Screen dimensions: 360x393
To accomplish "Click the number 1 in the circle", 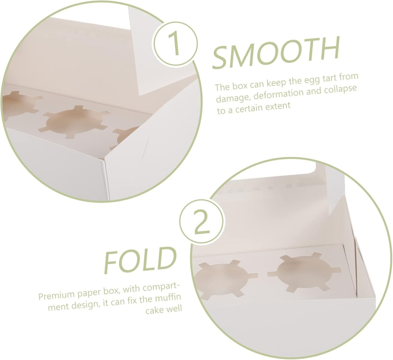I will pos(175,44).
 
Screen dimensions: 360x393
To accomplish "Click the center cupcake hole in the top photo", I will pos(74,122).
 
